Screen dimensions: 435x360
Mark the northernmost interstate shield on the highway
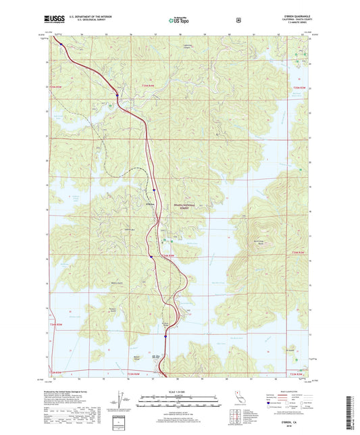[x=117, y=95]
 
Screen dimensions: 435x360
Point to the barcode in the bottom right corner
[x=354, y=411]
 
